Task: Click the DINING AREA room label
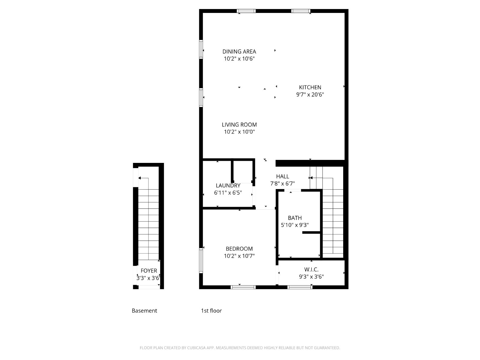pos(239,52)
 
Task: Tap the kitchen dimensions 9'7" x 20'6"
pos(310,94)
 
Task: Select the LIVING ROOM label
pos(239,124)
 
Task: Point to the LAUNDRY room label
pos(228,186)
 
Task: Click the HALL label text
pos(283,176)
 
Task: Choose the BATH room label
pos(295,218)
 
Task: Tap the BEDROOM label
pos(239,249)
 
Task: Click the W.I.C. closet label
pos(311,269)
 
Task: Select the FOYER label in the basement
pos(149,271)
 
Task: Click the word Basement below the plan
pos(144,310)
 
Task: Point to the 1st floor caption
pos(211,310)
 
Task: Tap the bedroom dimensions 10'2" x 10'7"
pos(239,256)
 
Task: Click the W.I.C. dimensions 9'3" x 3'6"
pos(311,277)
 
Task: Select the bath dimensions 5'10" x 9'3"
pos(295,225)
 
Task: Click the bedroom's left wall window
pos(201,260)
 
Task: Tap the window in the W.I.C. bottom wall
pos(300,287)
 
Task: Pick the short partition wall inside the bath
pos(311,232)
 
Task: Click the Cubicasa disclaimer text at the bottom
pos(240,347)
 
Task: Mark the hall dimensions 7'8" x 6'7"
pos(283,184)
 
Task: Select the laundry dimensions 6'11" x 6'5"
pos(228,193)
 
